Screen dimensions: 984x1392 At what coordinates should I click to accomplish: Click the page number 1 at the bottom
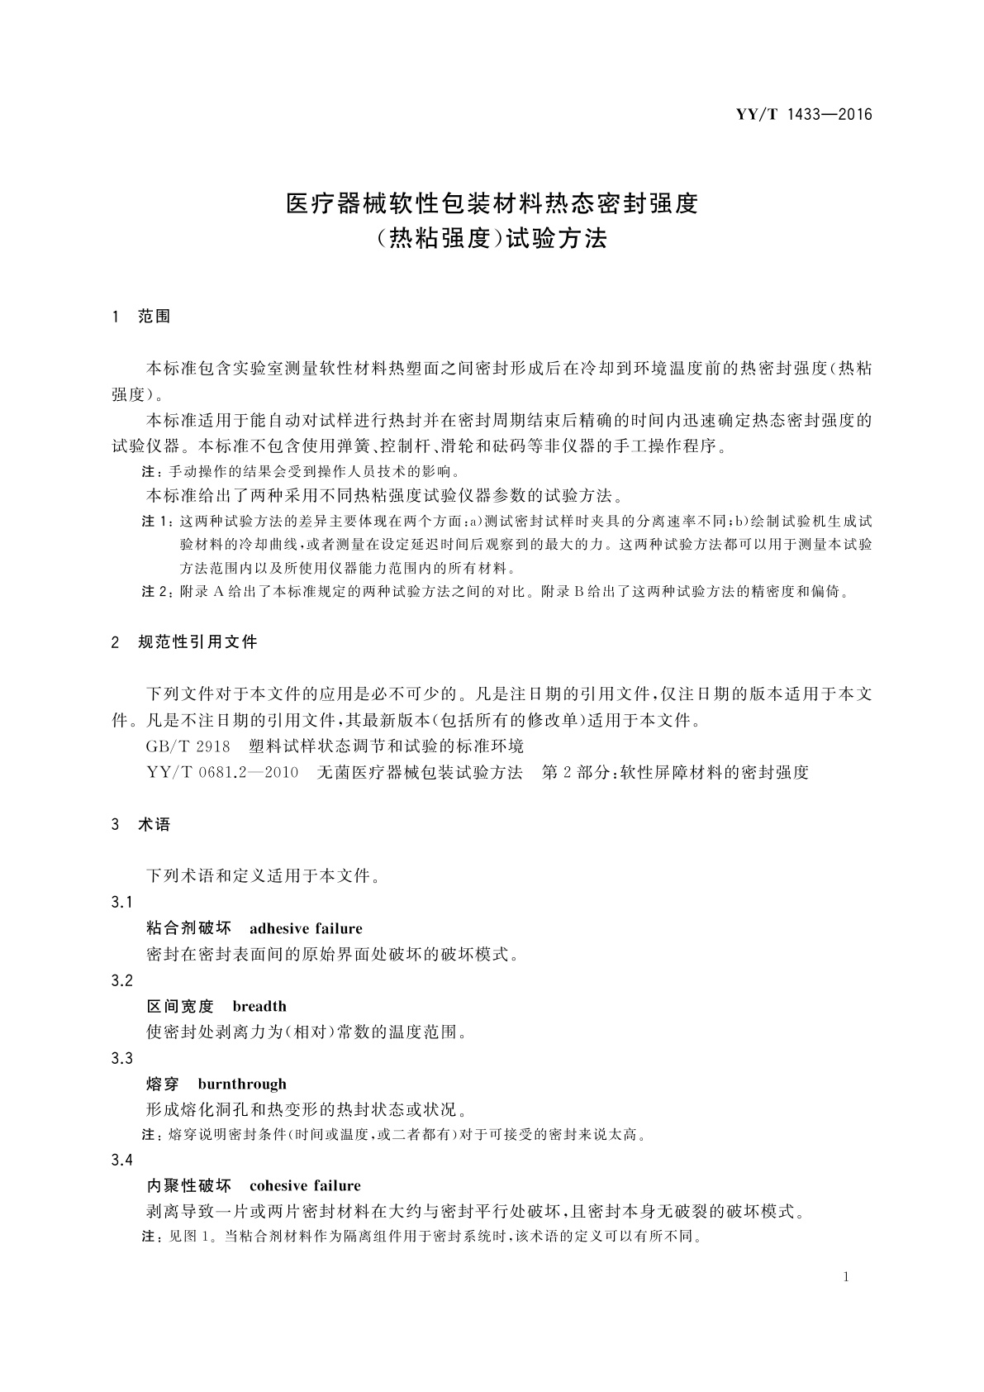tap(846, 1277)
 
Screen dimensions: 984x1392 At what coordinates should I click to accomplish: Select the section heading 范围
tap(154, 316)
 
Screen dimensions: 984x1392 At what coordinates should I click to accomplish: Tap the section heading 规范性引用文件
tap(197, 641)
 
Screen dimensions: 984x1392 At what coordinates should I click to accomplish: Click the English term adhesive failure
tap(306, 928)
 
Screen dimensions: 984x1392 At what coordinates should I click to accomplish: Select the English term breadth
tap(259, 1006)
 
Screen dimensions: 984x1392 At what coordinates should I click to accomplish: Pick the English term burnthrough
tap(242, 1084)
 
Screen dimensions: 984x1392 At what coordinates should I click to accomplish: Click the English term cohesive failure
tap(305, 1185)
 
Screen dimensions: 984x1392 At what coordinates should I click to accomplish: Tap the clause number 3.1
tap(121, 902)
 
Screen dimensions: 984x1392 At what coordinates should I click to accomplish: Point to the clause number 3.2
tap(121, 980)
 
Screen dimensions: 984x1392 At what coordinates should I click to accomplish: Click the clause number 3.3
tap(121, 1058)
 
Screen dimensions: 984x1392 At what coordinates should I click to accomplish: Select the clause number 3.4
tap(121, 1160)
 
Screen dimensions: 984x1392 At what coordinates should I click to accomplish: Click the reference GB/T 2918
tap(188, 746)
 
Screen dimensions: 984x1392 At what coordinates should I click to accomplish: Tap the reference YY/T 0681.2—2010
tap(222, 773)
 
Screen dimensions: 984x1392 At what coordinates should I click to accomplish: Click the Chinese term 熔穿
tap(163, 1084)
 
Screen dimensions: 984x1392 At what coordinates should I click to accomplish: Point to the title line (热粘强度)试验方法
tap(492, 239)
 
